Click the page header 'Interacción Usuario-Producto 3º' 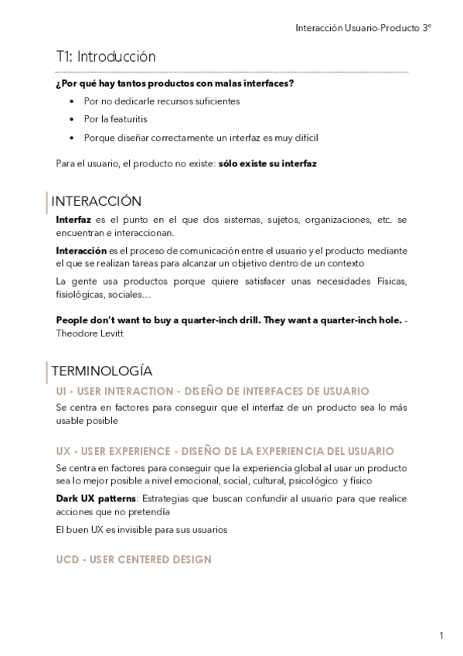point(363,28)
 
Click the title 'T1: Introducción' point(105,56)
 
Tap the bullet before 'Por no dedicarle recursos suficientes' point(72,101)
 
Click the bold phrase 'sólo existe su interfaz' point(267,164)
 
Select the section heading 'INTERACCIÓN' point(96,201)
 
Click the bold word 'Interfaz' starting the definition point(73,220)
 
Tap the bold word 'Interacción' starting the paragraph point(81,250)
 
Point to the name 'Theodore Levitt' point(90,333)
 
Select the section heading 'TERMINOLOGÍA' point(100,371)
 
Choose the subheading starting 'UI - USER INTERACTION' point(213,391)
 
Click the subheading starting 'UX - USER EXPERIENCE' point(225,451)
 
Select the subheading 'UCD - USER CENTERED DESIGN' point(134,559)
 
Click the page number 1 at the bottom point(441,636)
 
